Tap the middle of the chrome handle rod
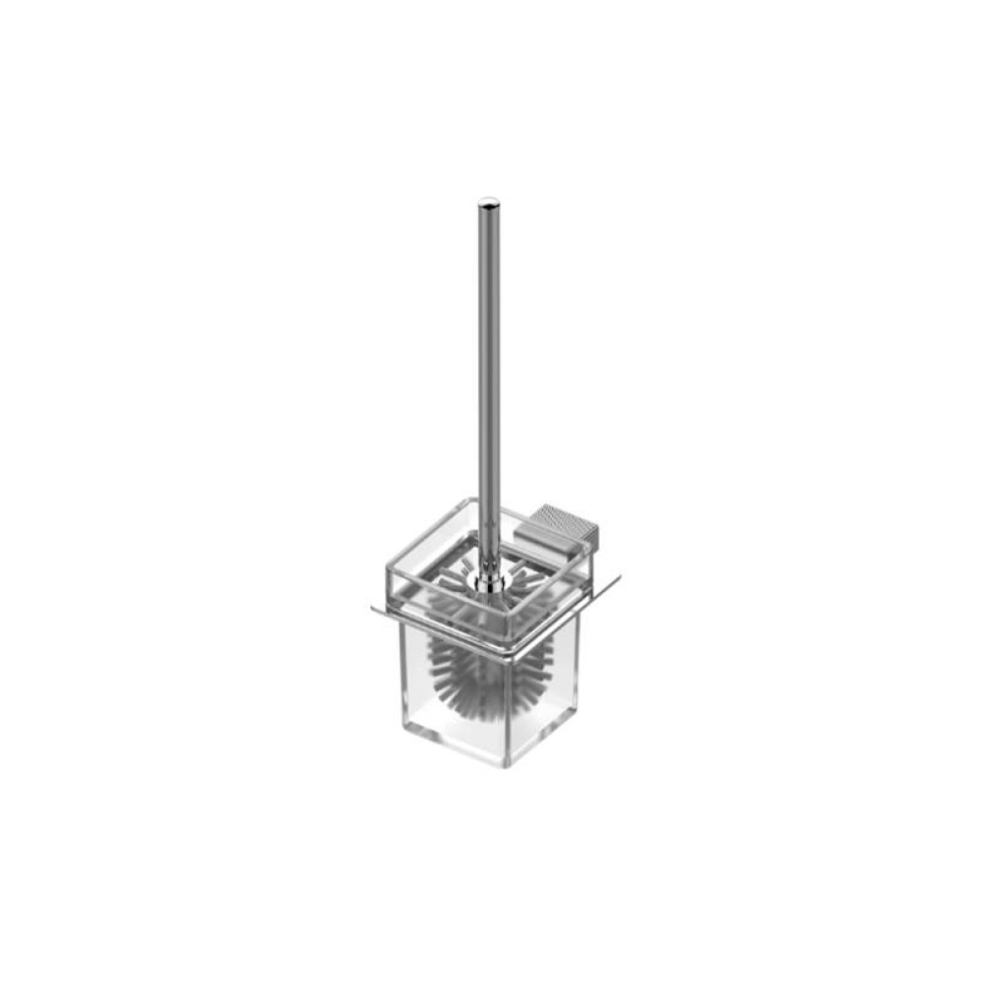pos(487,383)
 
